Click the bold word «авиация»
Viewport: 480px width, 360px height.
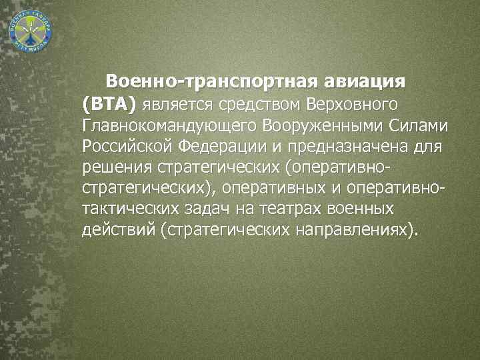[365, 82]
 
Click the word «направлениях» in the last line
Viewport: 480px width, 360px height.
[353, 230]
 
